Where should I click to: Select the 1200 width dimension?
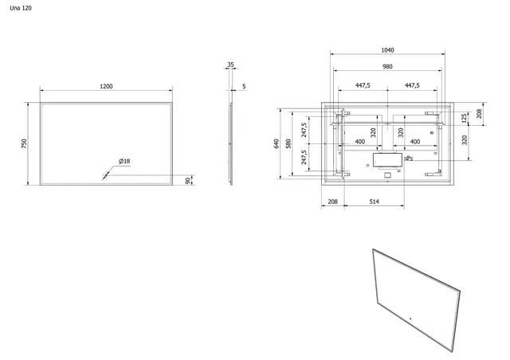(106, 86)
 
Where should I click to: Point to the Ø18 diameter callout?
(124, 162)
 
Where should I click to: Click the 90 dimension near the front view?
(187, 181)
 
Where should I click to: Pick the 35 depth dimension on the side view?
(230, 65)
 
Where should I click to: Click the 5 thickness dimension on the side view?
(244, 86)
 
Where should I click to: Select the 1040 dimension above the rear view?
(387, 49)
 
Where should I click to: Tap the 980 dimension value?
(387, 67)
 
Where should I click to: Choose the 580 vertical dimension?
(291, 143)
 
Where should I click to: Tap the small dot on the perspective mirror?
(412, 320)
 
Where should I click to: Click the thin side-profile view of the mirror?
(233, 143)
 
